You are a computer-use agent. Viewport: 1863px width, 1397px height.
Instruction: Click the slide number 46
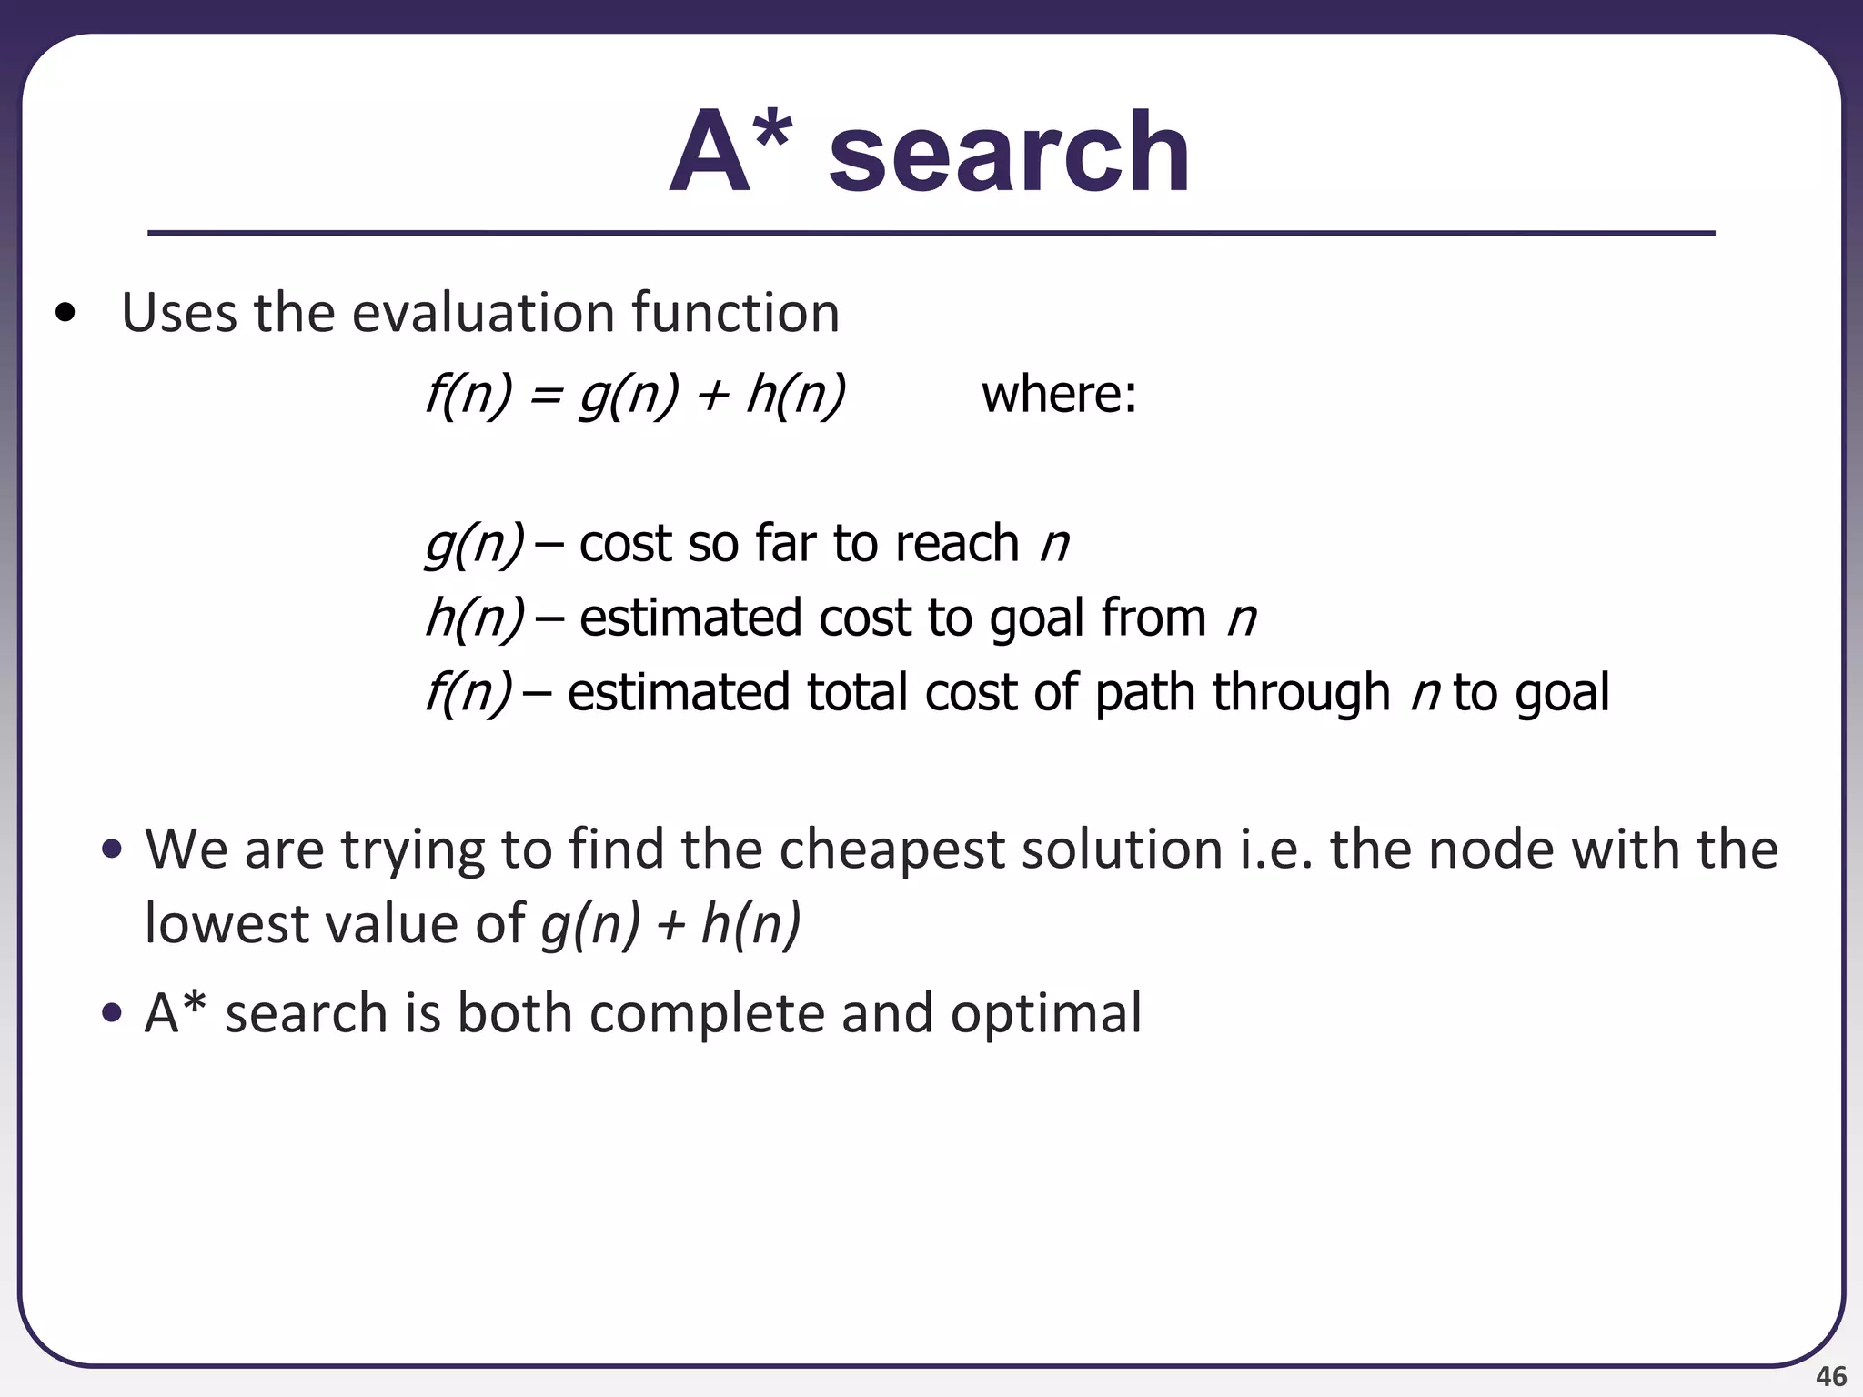(1830, 1376)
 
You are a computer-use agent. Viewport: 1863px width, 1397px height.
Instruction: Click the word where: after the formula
(1059, 395)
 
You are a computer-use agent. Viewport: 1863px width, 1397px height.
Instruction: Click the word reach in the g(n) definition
(956, 544)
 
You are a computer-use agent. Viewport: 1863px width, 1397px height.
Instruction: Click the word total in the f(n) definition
(859, 692)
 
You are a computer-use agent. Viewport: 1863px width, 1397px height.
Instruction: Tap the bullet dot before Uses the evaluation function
(65, 315)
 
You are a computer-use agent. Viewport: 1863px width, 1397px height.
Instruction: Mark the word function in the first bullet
(735, 313)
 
